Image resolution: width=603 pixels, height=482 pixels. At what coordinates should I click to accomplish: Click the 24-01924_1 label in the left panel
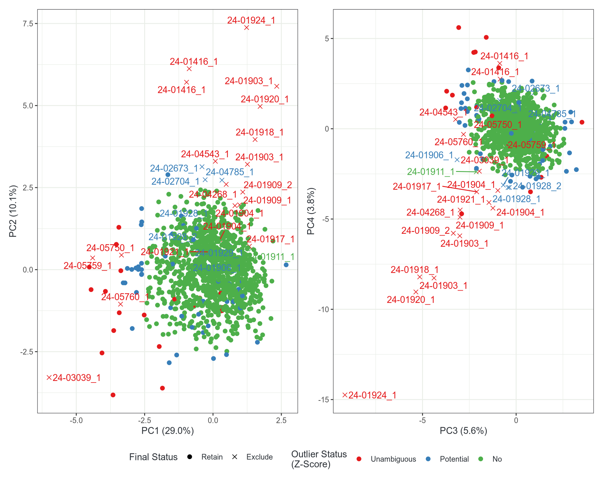point(251,20)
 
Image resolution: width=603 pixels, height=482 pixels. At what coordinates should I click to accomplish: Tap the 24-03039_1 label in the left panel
point(77,378)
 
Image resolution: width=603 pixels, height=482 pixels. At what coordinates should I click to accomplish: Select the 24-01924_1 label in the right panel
point(372,395)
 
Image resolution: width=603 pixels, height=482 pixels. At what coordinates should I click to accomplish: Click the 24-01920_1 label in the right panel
point(410,300)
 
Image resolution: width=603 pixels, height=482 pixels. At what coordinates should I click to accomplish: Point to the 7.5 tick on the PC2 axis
point(28,24)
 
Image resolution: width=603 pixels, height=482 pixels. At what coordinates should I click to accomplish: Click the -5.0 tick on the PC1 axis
point(76,420)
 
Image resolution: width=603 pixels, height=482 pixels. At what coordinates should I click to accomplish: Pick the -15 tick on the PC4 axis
point(323,399)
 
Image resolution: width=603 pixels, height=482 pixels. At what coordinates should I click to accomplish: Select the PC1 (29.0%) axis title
point(167,431)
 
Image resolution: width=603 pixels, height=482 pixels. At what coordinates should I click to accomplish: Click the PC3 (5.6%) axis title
point(463,431)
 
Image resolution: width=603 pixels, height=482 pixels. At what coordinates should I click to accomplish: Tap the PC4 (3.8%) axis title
point(311,211)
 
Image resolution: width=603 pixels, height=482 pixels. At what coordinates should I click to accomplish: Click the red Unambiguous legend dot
point(359,459)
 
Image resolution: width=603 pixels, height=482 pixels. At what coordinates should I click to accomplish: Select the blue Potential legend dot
point(428,459)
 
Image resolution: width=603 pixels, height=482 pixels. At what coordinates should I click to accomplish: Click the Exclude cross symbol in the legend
point(235,457)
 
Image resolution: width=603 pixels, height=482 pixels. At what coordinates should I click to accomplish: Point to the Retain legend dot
point(190,457)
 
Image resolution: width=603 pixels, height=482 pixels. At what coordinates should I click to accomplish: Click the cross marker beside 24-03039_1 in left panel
point(49,378)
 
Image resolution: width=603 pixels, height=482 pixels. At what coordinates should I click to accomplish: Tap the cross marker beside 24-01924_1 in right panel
point(345,395)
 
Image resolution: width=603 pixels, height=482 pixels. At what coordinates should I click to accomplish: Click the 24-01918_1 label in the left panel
point(259,132)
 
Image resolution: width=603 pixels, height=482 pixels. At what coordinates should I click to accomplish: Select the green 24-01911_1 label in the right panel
point(431,172)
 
